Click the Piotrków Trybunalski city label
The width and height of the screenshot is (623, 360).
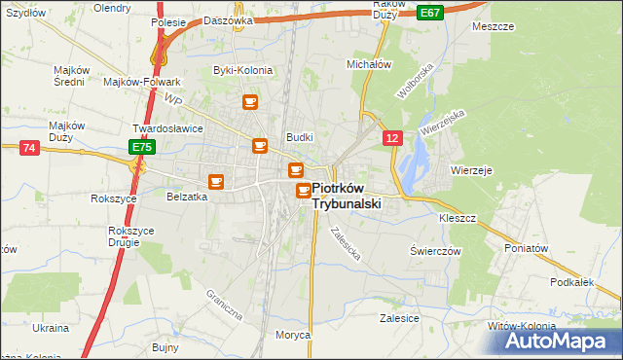pos(347,197)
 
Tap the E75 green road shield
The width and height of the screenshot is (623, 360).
pos(142,147)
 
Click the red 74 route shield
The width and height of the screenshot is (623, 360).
pos(28,147)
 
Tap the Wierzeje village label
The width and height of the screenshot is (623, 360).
pos(472,169)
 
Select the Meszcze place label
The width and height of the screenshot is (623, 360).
pos(493,26)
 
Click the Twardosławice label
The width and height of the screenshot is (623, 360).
pos(167,128)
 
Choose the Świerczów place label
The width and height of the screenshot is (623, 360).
pos(434,250)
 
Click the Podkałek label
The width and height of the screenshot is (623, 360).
pos(571,282)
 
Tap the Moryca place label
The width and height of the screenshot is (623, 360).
pos(292,335)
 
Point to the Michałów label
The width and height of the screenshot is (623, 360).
pos(369,64)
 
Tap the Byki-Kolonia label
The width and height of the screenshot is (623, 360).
pos(243,70)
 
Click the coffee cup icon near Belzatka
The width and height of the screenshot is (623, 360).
pos(216,181)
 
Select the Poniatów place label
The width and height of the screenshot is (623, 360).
pos(528,248)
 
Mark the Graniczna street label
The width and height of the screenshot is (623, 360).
pos(222,305)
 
